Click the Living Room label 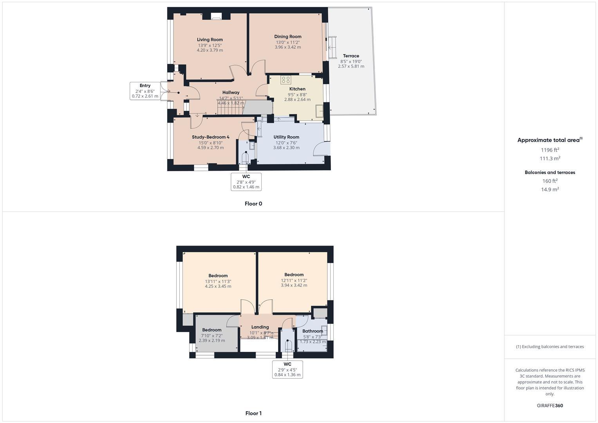coord(210,40)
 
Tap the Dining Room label coord(288,36)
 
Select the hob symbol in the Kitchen coord(285,80)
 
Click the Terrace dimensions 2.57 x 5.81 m coord(351,67)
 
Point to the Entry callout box coord(145,91)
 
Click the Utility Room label coord(286,137)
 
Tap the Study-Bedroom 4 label coord(211,137)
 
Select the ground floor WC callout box coord(246,182)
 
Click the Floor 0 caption coord(253,204)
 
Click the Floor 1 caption coord(253,413)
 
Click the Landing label coord(260,327)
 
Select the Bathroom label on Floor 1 coord(313,331)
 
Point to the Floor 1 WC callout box coord(287,369)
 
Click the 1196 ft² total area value coord(550,150)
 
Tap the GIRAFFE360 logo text coord(550,406)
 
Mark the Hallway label coord(231,92)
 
